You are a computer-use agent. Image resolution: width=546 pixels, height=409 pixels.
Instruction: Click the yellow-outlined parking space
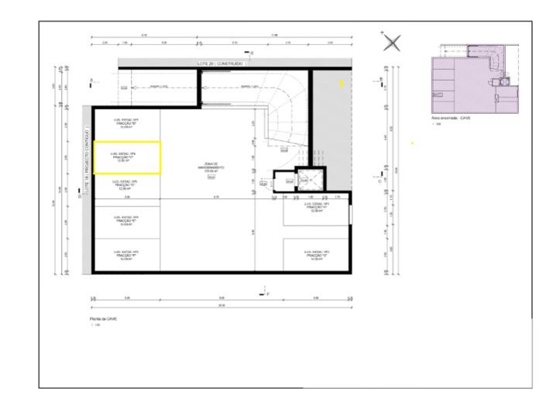(x=127, y=157)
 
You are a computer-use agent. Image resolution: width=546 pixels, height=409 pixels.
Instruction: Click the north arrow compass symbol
(x=393, y=43)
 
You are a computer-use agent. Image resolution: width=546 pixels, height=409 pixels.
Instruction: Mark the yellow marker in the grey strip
(x=341, y=81)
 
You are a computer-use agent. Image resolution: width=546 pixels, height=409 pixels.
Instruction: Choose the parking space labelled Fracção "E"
(x=126, y=221)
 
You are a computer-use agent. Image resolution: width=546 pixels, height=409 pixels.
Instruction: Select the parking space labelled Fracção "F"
(x=126, y=255)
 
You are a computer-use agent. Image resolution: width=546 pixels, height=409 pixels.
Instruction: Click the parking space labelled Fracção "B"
(x=126, y=123)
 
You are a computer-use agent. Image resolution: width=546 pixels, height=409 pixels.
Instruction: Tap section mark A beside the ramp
(x=92, y=81)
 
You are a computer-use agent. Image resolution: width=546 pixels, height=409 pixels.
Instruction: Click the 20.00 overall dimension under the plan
(x=221, y=304)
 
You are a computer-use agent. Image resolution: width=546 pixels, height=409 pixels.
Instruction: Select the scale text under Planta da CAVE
(x=94, y=325)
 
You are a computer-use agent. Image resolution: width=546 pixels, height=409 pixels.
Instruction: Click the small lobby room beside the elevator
(x=287, y=180)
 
